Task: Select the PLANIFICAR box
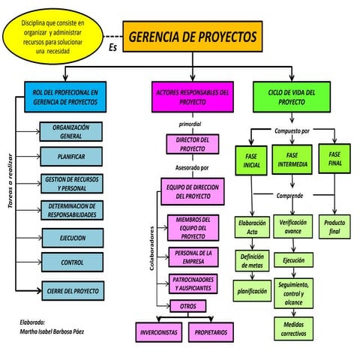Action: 71,157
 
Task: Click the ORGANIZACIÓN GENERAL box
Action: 71,132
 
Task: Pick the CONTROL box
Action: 72,262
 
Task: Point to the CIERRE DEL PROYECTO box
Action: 72,289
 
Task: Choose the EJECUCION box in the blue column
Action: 72,238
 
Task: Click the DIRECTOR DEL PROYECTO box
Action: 192,144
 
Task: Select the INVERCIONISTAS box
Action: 159,331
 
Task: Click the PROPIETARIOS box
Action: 211,331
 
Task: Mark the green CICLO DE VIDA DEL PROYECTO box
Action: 286,96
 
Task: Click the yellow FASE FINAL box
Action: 334,158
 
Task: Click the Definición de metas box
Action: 251,262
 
